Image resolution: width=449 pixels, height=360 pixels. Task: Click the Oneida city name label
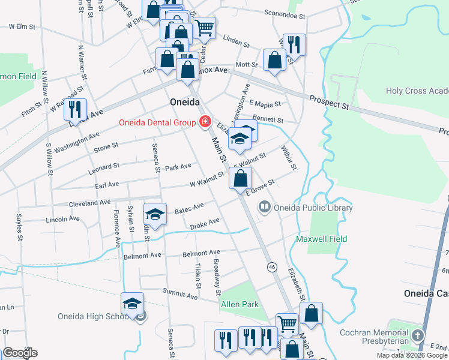click(184, 101)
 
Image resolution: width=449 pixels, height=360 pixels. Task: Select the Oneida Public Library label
click(313, 208)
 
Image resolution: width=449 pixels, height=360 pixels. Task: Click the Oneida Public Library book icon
click(264, 208)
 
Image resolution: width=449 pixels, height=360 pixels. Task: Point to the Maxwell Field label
click(322, 239)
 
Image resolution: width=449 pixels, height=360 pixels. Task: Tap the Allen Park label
click(240, 304)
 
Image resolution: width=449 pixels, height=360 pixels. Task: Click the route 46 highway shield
click(272, 266)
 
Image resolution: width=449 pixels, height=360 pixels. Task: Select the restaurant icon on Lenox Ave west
click(75, 109)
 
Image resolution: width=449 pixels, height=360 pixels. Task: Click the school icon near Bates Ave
click(155, 214)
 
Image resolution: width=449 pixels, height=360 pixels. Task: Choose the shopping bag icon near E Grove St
click(240, 178)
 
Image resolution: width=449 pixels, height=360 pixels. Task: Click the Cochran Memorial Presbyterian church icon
click(418, 335)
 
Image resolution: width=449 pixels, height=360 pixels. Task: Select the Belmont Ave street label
click(142, 256)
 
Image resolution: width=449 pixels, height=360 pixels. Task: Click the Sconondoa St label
click(285, 13)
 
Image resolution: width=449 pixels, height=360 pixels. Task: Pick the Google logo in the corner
click(20, 353)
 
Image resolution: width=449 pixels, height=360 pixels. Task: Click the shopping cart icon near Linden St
click(204, 27)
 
